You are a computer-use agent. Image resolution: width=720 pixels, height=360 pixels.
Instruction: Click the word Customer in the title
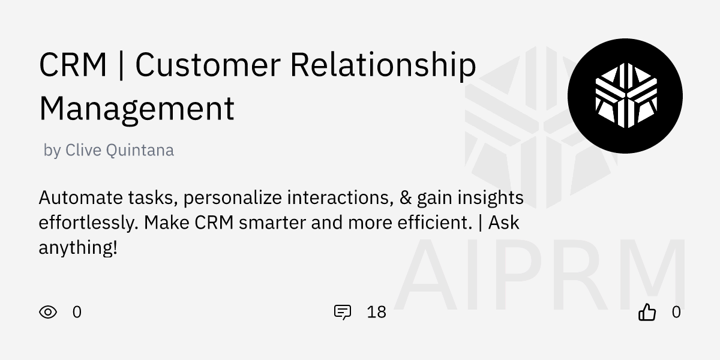tap(208, 65)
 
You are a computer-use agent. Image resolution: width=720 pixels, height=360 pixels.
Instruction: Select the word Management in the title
tap(136, 109)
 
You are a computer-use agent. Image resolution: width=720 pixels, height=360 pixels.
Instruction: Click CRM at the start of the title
tap(73, 65)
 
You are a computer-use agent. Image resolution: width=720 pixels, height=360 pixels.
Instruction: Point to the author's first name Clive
tap(83, 150)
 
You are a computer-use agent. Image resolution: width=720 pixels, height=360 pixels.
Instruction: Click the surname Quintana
tap(140, 150)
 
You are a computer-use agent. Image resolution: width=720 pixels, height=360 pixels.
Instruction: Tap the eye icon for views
tap(48, 312)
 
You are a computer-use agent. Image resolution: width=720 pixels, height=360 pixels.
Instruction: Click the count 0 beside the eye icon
tap(77, 312)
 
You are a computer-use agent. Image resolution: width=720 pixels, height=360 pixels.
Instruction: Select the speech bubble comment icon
tap(342, 312)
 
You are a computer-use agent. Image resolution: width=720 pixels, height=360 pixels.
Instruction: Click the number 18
tap(376, 312)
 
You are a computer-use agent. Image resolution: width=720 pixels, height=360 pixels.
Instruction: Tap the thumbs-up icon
tap(647, 312)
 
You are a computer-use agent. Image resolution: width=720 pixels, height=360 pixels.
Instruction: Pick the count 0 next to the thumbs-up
tap(676, 312)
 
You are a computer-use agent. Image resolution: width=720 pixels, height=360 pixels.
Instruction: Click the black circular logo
tap(625, 96)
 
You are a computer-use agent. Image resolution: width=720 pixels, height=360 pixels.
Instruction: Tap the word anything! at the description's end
tap(77, 247)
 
